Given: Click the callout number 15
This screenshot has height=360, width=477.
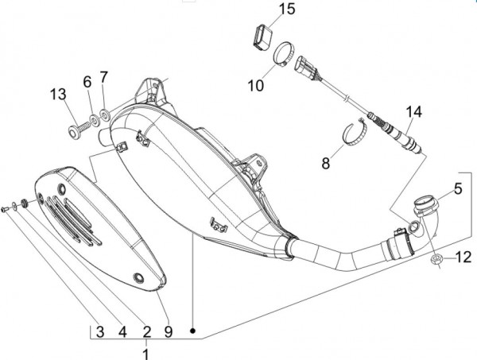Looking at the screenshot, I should coord(264,10).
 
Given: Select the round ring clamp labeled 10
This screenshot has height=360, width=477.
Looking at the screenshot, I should coord(281,57).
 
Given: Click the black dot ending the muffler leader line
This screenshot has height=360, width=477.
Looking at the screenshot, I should coord(193,328).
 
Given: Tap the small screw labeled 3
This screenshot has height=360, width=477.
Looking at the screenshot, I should coord(7,208).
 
